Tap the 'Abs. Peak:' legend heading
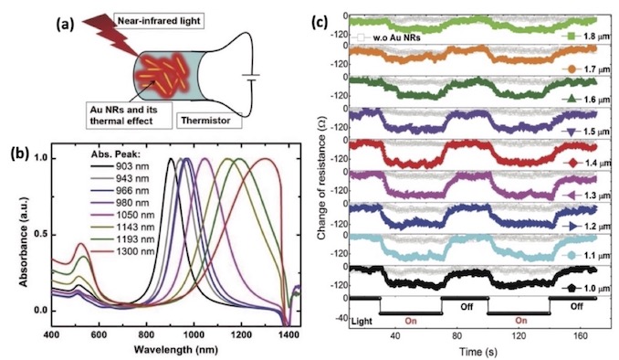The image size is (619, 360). (x=108, y=154)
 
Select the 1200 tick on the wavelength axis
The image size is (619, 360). (x=241, y=334)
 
